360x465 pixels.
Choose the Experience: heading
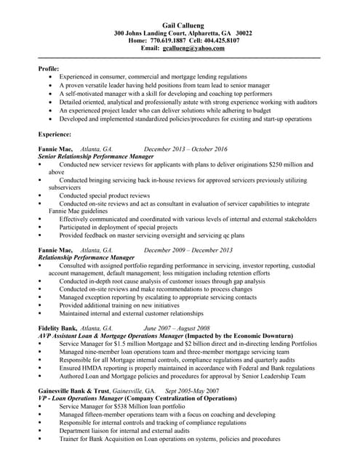tap(55, 134)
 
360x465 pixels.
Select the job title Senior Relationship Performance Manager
tap(96, 156)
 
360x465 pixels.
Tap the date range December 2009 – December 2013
tap(188, 250)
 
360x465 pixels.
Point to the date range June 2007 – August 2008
tap(177, 328)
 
